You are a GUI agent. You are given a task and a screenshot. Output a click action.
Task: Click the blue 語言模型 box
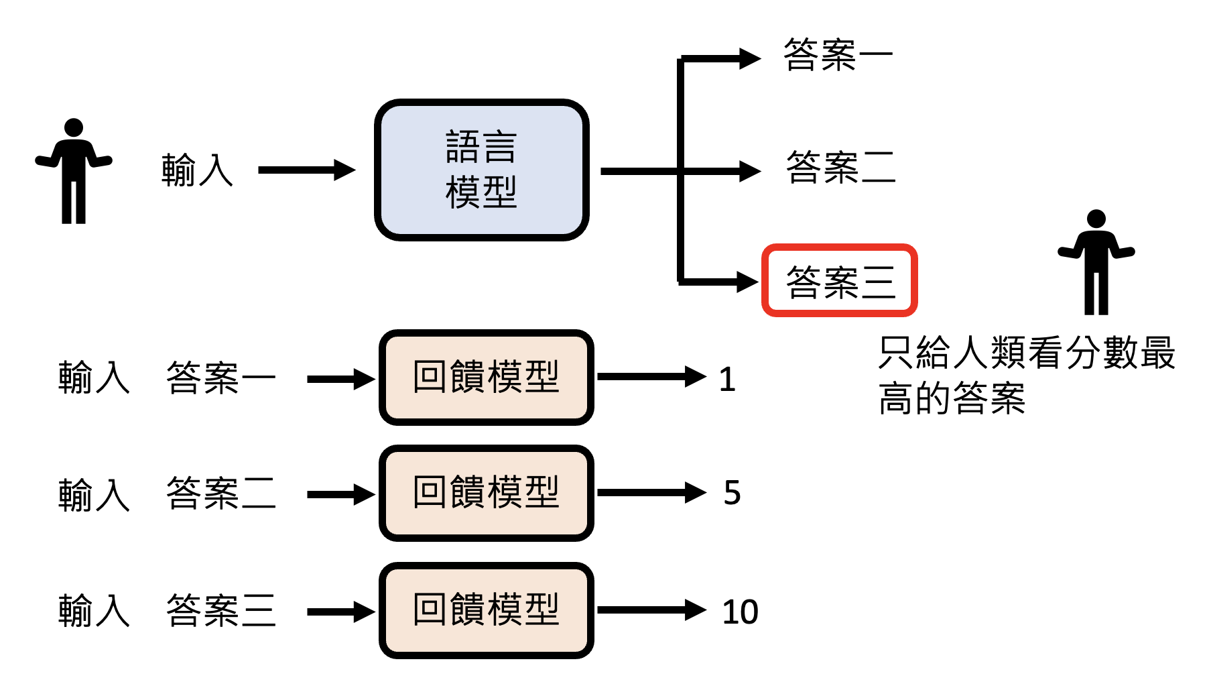click(x=481, y=170)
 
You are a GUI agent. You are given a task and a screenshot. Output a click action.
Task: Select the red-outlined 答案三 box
click(x=839, y=280)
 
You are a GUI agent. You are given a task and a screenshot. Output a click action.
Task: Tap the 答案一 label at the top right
click(x=838, y=55)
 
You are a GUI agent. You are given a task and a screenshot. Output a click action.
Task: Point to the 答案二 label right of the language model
click(x=840, y=168)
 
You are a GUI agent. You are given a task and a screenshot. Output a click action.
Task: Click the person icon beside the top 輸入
click(x=74, y=171)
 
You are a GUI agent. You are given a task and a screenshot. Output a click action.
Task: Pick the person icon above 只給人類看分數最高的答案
click(x=1096, y=262)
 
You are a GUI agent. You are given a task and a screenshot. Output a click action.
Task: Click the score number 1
click(x=727, y=380)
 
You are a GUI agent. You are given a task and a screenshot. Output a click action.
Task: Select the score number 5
click(x=732, y=493)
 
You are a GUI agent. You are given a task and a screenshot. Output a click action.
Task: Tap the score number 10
click(x=740, y=612)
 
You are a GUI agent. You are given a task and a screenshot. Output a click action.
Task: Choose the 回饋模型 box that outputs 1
click(x=486, y=378)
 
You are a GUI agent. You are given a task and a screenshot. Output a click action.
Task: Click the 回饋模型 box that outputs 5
click(x=486, y=493)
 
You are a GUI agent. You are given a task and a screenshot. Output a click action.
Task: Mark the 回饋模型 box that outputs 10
click(x=486, y=610)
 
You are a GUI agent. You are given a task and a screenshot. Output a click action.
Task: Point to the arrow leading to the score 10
click(x=650, y=610)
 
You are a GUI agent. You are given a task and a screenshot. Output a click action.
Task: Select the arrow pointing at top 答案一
click(x=720, y=59)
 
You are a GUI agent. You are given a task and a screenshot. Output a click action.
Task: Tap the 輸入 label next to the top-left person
click(x=197, y=170)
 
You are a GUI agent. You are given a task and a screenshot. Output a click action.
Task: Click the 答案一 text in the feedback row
click(x=220, y=378)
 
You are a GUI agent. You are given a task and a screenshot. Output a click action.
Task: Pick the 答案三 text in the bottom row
click(x=220, y=610)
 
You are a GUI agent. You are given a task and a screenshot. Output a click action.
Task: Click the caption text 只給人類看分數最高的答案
click(x=1025, y=376)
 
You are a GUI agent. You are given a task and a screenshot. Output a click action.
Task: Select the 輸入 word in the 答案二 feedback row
click(x=94, y=495)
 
